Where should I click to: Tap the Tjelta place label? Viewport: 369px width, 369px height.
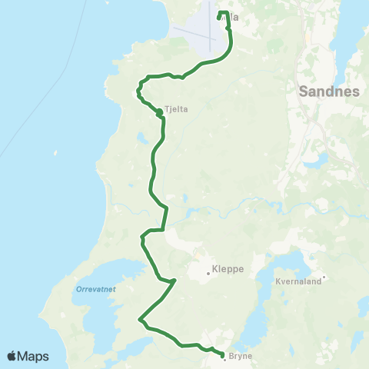point(177,109)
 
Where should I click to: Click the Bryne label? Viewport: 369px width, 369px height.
point(240,356)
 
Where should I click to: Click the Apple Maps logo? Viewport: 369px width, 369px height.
point(28,356)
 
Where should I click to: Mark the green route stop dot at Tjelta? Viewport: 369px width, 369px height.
point(159,112)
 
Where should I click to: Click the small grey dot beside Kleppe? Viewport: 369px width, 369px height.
point(208,271)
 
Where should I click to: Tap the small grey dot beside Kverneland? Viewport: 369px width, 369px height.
point(324,277)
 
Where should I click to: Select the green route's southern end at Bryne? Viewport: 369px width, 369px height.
point(222,355)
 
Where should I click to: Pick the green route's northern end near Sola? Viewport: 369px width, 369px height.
point(221,13)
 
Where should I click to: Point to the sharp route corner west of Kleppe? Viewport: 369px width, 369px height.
point(175,281)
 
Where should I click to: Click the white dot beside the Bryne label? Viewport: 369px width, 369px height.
point(224,360)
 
